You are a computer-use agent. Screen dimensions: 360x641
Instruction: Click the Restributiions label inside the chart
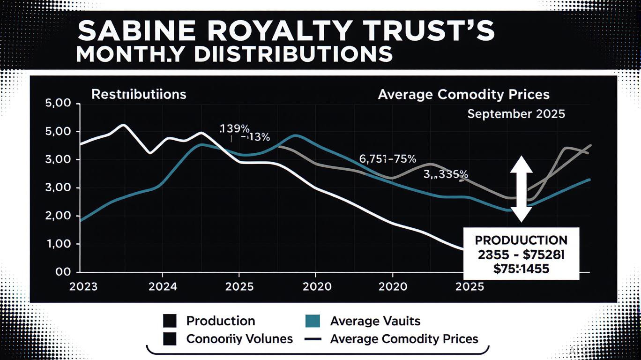[x=139, y=94]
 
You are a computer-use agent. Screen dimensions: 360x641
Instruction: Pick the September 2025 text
[x=516, y=114]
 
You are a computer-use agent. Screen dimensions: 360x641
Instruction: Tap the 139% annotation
[x=235, y=128]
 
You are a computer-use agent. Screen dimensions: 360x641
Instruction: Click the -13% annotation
[x=255, y=138]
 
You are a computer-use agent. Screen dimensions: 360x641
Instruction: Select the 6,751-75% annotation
[x=387, y=158]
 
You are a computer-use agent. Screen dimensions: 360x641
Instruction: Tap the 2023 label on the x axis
[x=83, y=286]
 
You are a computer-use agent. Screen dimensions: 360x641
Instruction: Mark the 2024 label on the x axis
[x=162, y=286]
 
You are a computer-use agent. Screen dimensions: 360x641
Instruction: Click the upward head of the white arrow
[x=521, y=165]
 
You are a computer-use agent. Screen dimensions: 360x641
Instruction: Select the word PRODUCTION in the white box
[x=521, y=240]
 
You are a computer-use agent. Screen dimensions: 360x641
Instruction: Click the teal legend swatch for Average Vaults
[x=312, y=321]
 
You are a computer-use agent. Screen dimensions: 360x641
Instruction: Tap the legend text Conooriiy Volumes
[x=239, y=338]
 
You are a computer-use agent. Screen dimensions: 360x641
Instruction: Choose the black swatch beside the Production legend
[x=170, y=321]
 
